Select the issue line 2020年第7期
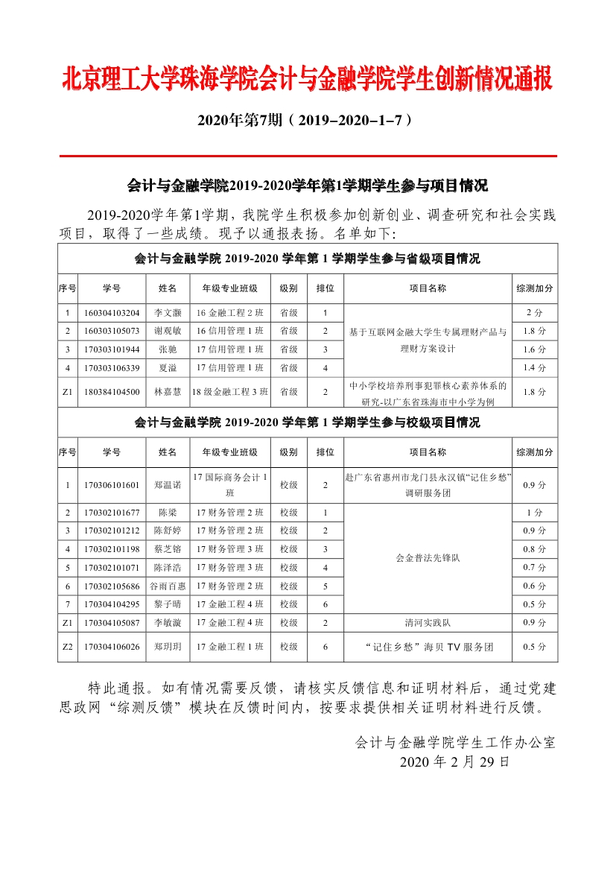click(x=307, y=119)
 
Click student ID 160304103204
click(x=112, y=312)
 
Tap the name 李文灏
click(x=168, y=312)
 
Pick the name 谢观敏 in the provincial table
click(x=168, y=330)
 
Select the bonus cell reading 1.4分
click(x=534, y=367)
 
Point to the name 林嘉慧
click(x=168, y=391)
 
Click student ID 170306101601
click(x=112, y=485)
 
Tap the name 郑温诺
click(x=168, y=485)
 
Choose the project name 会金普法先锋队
click(x=428, y=558)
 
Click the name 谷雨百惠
click(x=168, y=586)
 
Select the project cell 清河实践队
click(x=428, y=622)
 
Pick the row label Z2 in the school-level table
click(x=67, y=647)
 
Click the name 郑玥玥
click(x=168, y=647)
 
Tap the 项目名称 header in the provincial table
click(x=428, y=288)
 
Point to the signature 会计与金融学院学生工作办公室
click(x=455, y=742)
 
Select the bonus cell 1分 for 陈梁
click(x=534, y=513)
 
